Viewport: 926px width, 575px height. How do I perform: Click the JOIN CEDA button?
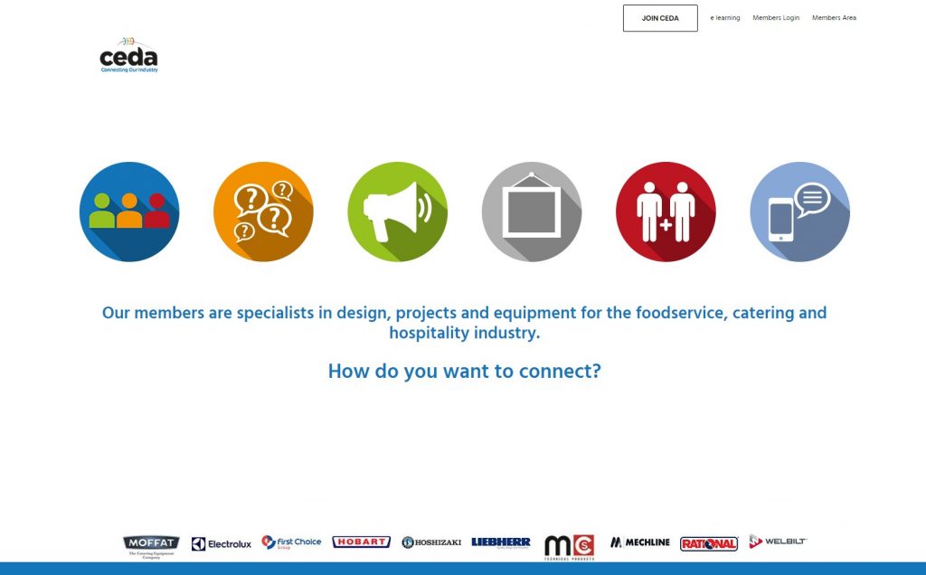660,18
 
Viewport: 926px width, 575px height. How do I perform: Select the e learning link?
725,18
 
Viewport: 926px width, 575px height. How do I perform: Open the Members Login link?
776,18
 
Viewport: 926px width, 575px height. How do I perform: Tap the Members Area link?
834,18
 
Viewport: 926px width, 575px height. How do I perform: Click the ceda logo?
128,55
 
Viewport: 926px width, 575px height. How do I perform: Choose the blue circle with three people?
129,212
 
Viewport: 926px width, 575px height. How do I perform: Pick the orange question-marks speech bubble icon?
263,212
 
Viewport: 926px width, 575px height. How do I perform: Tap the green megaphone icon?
397,212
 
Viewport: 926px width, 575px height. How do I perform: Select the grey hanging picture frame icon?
532,212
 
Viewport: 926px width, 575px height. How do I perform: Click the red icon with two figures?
666,212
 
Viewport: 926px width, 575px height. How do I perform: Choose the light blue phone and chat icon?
799,212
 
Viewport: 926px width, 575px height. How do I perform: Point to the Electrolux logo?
222,543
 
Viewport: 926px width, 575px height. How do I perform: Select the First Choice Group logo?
291,542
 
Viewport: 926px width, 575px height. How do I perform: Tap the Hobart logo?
361,542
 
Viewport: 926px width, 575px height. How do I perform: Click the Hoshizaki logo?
431,542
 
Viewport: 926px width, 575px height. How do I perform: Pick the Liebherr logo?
500,542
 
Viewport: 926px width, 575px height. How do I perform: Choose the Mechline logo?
640,542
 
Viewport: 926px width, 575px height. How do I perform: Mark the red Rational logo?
709,543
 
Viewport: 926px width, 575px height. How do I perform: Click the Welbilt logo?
778,541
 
